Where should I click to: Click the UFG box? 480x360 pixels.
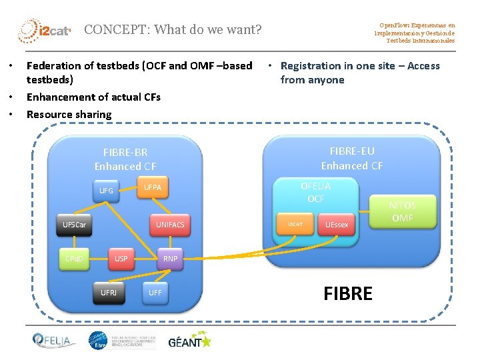click(x=106, y=191)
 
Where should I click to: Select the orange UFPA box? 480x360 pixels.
click(x=153, y=188)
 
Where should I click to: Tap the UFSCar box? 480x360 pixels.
click(x=74, y=225)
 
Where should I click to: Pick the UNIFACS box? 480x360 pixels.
click(x=170, y=225)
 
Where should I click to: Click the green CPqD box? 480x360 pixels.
click(x=74, y=259)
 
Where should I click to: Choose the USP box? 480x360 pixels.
click(x=121, y=259)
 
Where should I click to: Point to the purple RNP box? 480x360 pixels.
click(x=170, y=259)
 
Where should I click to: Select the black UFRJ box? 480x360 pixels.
click(x=108, y=293)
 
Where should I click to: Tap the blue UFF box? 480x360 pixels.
click(x=155, y=293)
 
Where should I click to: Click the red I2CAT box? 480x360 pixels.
click(x=295, y=225)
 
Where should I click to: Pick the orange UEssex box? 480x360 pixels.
click(x=337, y=225)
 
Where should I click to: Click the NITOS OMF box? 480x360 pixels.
click(x=403, y=212)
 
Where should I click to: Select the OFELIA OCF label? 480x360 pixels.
click(x=315, y=192)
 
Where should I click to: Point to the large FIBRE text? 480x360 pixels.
click(x=347, y=293)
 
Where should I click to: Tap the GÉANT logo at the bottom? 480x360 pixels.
click(x=189, y=342)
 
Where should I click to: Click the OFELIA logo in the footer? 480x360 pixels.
click(x=55, y=341)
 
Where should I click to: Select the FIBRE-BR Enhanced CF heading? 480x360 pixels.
click(x=125, y=160)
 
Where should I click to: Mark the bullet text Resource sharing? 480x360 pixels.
click(x=69, y=115)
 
